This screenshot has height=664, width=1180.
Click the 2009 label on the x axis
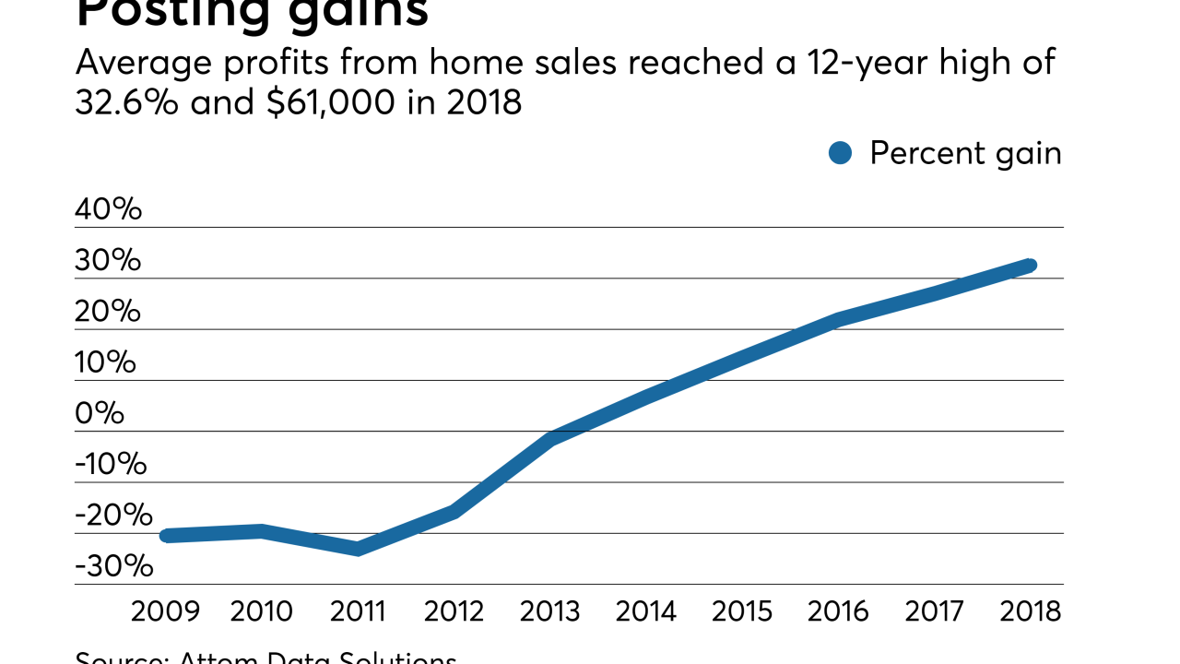[166, 611]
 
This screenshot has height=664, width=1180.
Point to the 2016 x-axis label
[839, 611]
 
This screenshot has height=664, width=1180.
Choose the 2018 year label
[1030, 611]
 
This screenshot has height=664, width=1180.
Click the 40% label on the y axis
[109, 209]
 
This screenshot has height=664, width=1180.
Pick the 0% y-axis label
[100, 413]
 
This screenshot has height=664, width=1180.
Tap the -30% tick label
[114, 566]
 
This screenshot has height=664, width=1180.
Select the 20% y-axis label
[108, 312]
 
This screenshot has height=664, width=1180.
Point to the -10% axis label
[111, 464]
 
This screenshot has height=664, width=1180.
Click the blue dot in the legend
[840, 153]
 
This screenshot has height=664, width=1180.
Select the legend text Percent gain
[965, 153]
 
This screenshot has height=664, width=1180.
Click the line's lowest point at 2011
[357, 549]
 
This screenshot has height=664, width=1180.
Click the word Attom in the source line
[217, 658]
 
